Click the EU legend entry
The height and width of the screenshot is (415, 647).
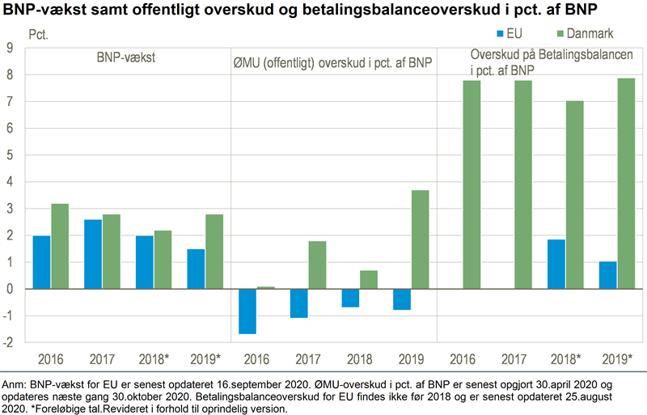click(514, 36)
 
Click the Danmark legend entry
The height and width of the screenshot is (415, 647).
click(583, 36)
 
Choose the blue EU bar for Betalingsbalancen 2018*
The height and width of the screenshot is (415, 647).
click(556, 264)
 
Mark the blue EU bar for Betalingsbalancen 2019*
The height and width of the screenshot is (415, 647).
click(607, 275)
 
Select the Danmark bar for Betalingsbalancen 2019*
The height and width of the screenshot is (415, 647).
click(625, 184)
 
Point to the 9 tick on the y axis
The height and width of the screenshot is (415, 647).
click(11, 49)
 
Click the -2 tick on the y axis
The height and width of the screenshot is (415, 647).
click(9, 343)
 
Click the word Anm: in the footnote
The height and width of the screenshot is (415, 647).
click(15, 384)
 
